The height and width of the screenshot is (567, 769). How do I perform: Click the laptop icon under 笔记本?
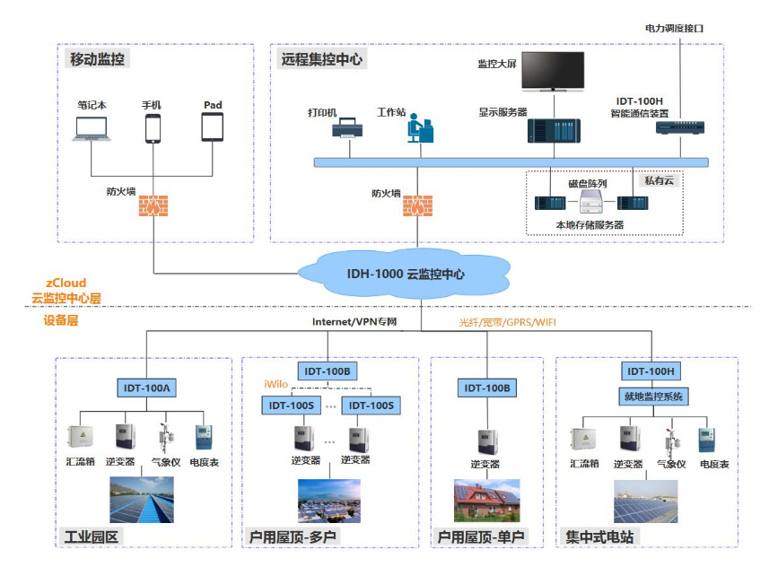[92, 128]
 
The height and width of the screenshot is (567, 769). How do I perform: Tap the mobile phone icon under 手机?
[153, 128]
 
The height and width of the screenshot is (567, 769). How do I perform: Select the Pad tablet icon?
[213, 127]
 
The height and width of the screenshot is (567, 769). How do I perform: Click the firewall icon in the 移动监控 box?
[153, 205]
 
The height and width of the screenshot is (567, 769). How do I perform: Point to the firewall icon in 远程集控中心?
[417, 205]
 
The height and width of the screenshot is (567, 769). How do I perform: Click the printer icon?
[347, 128]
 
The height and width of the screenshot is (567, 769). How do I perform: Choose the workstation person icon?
[420, 128]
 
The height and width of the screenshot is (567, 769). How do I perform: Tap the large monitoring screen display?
[553, 72]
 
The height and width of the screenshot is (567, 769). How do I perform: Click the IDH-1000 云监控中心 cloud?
[405, 274]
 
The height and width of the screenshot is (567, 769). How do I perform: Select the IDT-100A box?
[146, 388]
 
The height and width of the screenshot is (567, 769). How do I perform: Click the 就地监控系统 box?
[653, 397]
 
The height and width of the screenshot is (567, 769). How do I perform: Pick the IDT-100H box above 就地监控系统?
[651, 371]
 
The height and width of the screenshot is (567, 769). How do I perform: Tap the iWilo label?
[275, 384]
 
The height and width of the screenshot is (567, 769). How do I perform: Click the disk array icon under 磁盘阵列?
[591, 201]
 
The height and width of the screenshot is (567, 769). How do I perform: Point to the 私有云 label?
[660, 180]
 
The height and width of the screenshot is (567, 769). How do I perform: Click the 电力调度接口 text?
[674, 29]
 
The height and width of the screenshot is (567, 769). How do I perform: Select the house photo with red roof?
[487, 501]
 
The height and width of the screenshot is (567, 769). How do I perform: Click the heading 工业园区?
[92, 536]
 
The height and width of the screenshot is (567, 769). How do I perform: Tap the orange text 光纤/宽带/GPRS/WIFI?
[507, 322]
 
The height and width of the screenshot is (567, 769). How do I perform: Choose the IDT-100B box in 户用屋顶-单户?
[487, 388]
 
